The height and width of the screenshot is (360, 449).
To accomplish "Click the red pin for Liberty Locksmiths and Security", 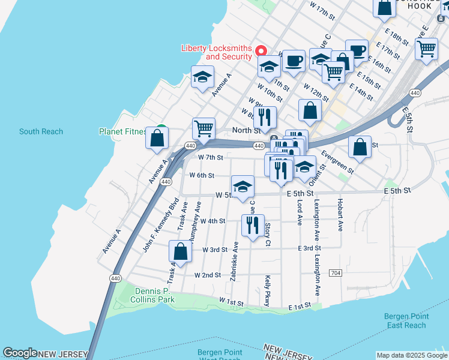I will (261, 51).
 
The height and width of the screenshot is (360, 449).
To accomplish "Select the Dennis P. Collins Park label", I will (146, 295).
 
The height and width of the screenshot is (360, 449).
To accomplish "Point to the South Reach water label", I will (41, 131).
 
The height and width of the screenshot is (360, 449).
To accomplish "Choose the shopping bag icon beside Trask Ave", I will (180, 251).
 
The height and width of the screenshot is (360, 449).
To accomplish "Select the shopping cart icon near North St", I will (203, 128).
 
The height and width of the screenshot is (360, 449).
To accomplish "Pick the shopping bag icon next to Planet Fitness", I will (157, 137).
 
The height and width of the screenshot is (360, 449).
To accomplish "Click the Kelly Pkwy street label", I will (267, 290).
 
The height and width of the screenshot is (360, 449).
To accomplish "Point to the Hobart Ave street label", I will (340, 215).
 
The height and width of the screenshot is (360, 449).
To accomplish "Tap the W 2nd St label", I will (208, 275).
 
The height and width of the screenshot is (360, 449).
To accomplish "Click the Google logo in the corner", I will (20, 353).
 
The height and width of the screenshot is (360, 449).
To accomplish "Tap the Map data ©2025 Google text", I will (412, 355).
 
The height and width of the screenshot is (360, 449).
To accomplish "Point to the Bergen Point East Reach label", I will (406, 320).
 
